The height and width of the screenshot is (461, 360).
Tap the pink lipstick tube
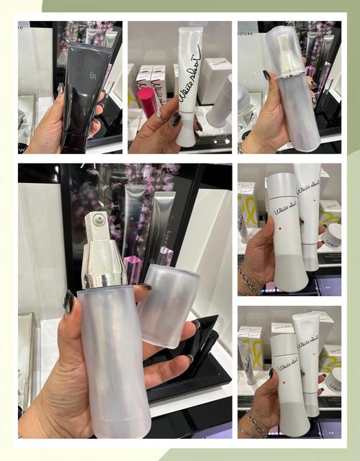coord(146,102)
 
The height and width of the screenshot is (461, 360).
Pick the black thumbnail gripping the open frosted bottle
coord(70,303)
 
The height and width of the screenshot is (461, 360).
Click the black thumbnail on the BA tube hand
coord(61,89)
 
